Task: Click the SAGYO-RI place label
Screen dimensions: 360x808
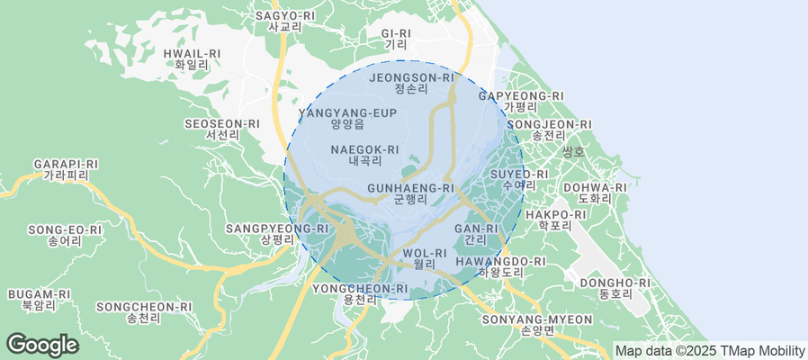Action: pos(285,21)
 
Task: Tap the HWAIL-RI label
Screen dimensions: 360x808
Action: pos(192,59)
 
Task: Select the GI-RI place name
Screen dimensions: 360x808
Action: pos(396,38)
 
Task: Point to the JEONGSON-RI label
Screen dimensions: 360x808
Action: pos(413,83)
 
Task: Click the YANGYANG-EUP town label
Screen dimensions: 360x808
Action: pos(348,118)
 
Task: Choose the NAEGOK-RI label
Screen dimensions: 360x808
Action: pos(364,155)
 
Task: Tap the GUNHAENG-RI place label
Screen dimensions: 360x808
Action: pos(410,193)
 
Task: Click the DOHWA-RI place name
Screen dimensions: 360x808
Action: pos(588,193)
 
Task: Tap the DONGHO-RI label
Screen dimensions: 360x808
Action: pos(615,288)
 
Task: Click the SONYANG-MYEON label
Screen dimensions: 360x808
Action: pos(538,324)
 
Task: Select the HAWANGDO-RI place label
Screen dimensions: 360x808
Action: pos(500,266)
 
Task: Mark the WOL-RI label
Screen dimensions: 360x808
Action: pos(425,258)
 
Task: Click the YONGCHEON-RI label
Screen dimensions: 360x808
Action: pos(360,293)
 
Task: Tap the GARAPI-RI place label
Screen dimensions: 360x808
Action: pos(65,169)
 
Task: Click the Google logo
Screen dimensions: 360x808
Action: pos(41,344)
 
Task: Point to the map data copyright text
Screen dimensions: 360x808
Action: pos(709,350)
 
